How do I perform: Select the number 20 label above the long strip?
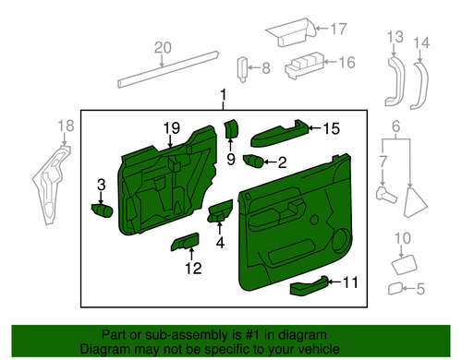click(163, 48)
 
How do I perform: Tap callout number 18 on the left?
click(65, 126)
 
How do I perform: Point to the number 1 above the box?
click(222, 95)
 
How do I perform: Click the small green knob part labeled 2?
click(251, 162)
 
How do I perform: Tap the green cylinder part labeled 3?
click(101, 209)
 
